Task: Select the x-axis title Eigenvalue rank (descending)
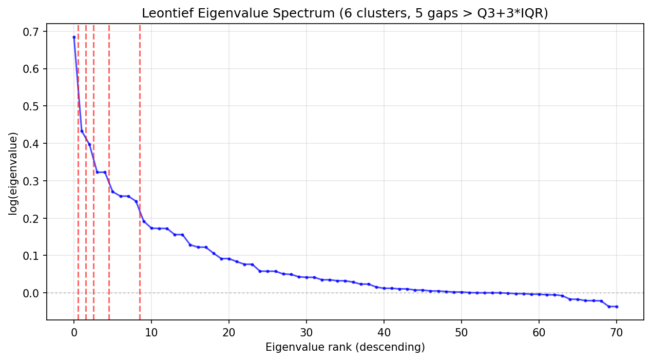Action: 345,348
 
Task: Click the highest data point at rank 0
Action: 74,37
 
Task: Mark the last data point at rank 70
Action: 617,307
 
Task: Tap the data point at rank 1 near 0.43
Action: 82,131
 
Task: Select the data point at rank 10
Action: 151,228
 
